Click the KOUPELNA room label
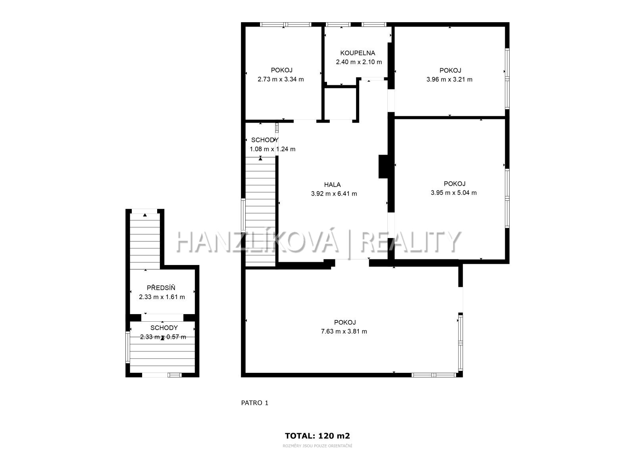(x=358, y=53)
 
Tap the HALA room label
(x=333, y=185)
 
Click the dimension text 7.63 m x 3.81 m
(x=344, y=332)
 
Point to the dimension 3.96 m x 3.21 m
(x=449, y=79)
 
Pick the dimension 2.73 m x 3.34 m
(x=281, y=79)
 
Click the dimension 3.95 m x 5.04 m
(x=454, y=193)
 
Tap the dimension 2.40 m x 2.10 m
(x=359, y=62)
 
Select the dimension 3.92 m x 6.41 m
(x=334, y=194)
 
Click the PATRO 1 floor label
(x=254, y=403)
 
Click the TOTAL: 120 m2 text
(x=317, y=436)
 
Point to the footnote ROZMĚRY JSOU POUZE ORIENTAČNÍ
(x=317, y=446)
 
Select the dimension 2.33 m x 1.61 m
(x=162, y=297)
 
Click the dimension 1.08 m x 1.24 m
(x=273, y=149)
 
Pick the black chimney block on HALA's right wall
(x=384, y=167)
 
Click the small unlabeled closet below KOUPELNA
(x=340, y=104)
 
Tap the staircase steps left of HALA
(x=260, y=211)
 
